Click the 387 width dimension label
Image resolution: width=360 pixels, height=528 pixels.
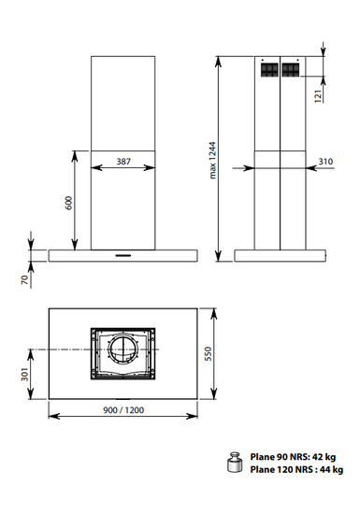click(123, 162)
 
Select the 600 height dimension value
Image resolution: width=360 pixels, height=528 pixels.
click(69, 203)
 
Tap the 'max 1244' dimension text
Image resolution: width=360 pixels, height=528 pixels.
click(212, 161)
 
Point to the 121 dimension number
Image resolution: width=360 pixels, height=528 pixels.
click(318, 96)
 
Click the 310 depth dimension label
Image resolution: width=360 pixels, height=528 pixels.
click(325, 162)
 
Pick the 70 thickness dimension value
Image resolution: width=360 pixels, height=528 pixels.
click(25, 279)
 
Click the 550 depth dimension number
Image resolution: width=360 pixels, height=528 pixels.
click(209, 353)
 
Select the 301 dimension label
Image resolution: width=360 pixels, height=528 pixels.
click(25, 374)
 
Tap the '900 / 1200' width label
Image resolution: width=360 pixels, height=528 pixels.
click(123, 410)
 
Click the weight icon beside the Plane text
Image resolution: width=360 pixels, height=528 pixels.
click(235, 462)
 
